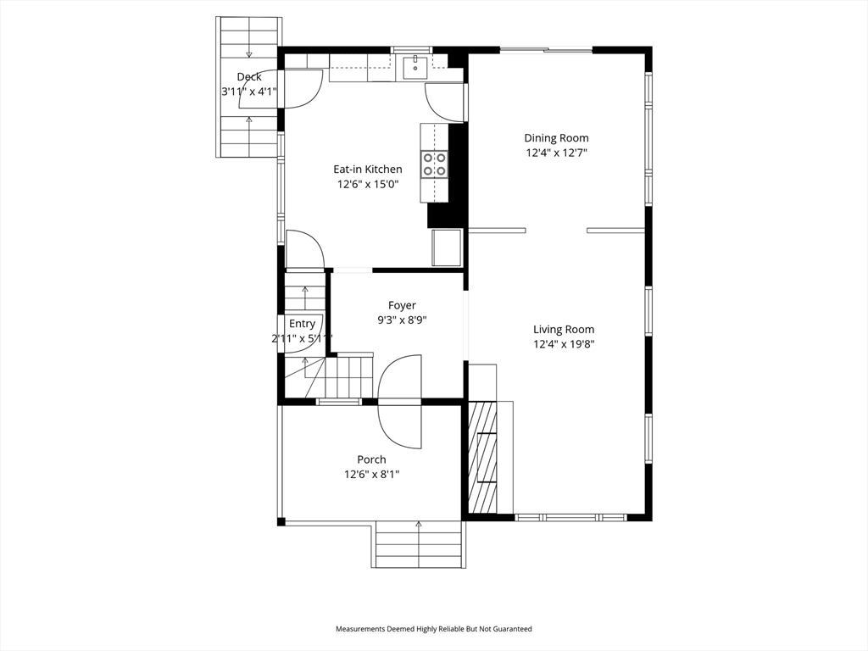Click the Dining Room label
pos(556,138)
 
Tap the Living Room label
pos(564,330)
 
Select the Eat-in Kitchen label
pos(368,170)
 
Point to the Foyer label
pos(402,305)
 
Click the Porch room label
pos(371,459)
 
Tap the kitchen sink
pos(415,68)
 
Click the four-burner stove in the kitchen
pos(434,164)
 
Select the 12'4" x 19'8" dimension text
pos(564,344)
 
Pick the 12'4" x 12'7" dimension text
pos(556,153)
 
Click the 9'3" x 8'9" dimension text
pos(402,320)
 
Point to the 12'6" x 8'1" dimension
pos(371,475)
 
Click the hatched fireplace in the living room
pos(482,457)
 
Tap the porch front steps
pos(419,544)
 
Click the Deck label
pos(249,77)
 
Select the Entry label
pos(302,324)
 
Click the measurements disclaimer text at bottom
pos(433,629)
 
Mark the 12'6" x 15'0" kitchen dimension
pos(368,184)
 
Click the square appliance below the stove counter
pos(447,248)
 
